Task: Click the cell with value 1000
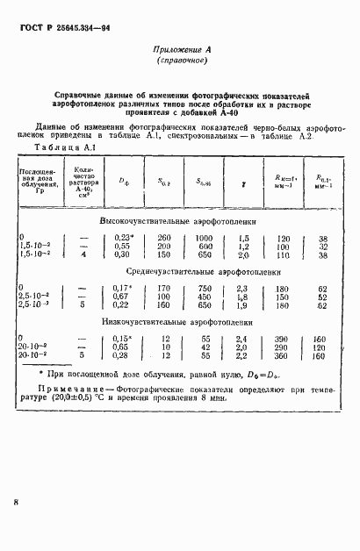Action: coord(204,238)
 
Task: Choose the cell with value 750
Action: coord(204,288)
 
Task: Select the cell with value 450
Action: coord(204,297)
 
